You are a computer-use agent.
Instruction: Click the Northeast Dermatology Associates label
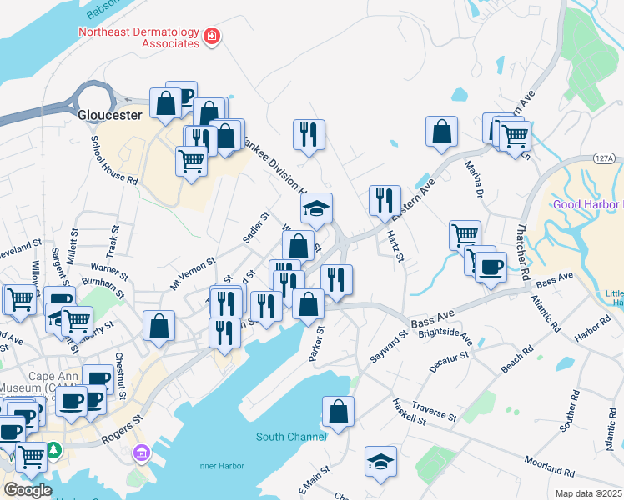(138, 38)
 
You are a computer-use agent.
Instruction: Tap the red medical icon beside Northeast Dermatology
(212, 36)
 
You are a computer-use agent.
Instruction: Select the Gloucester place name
(109, 115)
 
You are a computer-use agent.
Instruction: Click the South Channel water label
(286, 437)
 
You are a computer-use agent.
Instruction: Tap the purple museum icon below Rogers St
(141, 453)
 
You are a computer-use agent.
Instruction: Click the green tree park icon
(55, 451)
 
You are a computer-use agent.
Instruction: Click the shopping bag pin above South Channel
(338, 412)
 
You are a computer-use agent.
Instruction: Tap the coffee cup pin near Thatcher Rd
(491, 267)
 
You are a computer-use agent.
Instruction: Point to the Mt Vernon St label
(192, 272)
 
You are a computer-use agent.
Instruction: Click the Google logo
(27, 490)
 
